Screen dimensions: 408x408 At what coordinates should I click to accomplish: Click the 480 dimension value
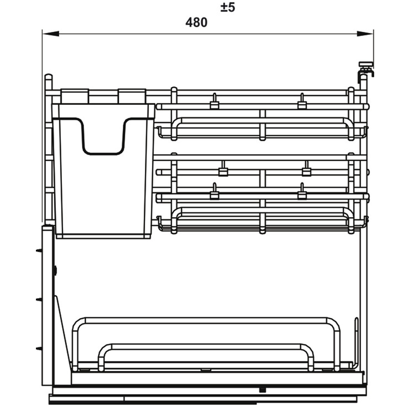(196, 22)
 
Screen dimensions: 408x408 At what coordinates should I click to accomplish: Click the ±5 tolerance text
(228, 7)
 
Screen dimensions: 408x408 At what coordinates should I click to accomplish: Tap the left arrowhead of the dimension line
(51, 33)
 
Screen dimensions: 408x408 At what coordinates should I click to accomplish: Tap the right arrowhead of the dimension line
(365, 33)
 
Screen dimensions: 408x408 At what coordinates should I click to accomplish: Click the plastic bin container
(103, 171)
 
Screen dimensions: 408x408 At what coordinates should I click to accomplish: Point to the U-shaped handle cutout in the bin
(103, 136)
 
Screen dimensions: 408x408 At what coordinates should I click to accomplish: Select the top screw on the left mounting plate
(39, 251)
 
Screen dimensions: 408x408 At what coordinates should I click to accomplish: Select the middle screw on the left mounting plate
(39, 299)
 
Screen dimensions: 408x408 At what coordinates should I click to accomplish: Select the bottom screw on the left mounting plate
(39, 348)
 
